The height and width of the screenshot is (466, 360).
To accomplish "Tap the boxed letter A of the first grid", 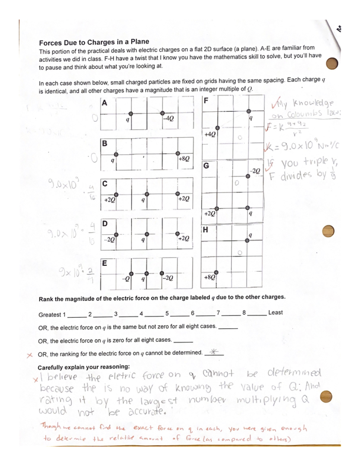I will coord(105,102).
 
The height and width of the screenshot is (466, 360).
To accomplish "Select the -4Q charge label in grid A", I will coord(168,119).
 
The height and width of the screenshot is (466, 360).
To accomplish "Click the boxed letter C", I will coord(105,184).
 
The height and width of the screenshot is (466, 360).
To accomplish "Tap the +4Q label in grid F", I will coord(210,134).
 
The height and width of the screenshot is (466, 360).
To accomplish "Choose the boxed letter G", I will coord(206,165).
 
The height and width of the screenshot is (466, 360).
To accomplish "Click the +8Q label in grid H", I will coord(209,276).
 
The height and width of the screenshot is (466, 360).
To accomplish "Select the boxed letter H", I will coord(206,229).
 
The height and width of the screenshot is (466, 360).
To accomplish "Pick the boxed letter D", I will coord(105,224).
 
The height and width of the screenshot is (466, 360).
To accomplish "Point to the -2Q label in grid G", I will coord(255,171).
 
